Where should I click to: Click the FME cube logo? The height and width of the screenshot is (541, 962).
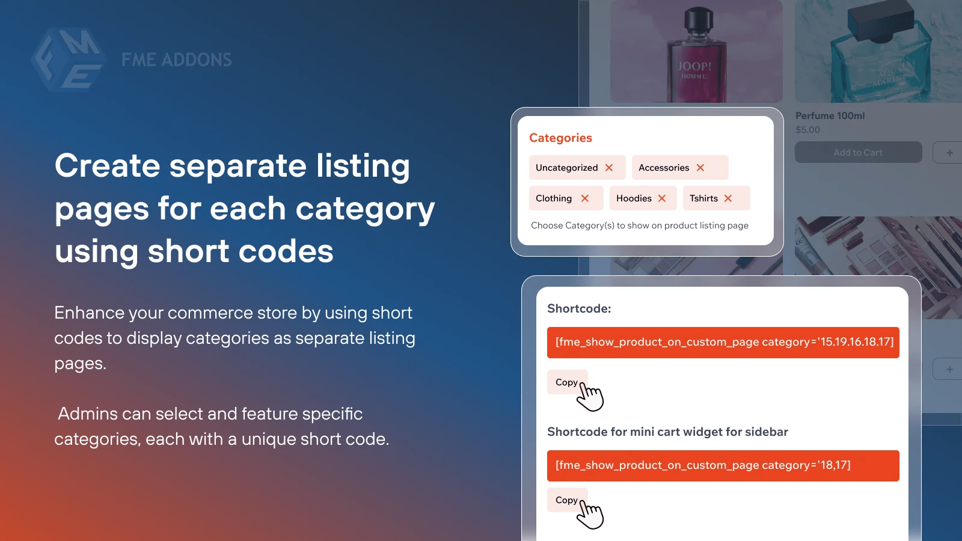point(68,60)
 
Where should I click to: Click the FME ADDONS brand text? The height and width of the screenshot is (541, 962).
point(176,60)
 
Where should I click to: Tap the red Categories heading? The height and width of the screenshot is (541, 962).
point(560,138)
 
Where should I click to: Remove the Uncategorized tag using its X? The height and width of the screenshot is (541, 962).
point(609,168)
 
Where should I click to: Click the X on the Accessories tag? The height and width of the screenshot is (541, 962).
point(700,168)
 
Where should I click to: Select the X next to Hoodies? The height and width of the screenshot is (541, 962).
point(662,198)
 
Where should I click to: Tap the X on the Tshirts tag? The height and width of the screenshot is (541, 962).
point(728,198)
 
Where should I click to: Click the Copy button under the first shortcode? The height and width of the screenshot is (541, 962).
point(566,382)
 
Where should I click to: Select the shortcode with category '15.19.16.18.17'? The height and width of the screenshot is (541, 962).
point(723,342)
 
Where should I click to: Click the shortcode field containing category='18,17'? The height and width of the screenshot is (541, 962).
point(723,465)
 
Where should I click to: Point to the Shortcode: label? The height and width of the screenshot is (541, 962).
point(579,308)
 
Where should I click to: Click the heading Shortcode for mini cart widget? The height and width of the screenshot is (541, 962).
point(667,432)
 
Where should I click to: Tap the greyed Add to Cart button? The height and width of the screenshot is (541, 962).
point(858,153)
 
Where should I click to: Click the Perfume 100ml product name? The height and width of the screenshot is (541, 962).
point(830,115)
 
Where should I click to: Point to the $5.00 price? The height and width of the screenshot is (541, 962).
point(807,130)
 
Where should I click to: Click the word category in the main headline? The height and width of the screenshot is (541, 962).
point(365,209)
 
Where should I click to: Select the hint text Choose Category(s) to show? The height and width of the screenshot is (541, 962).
point(639,225)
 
